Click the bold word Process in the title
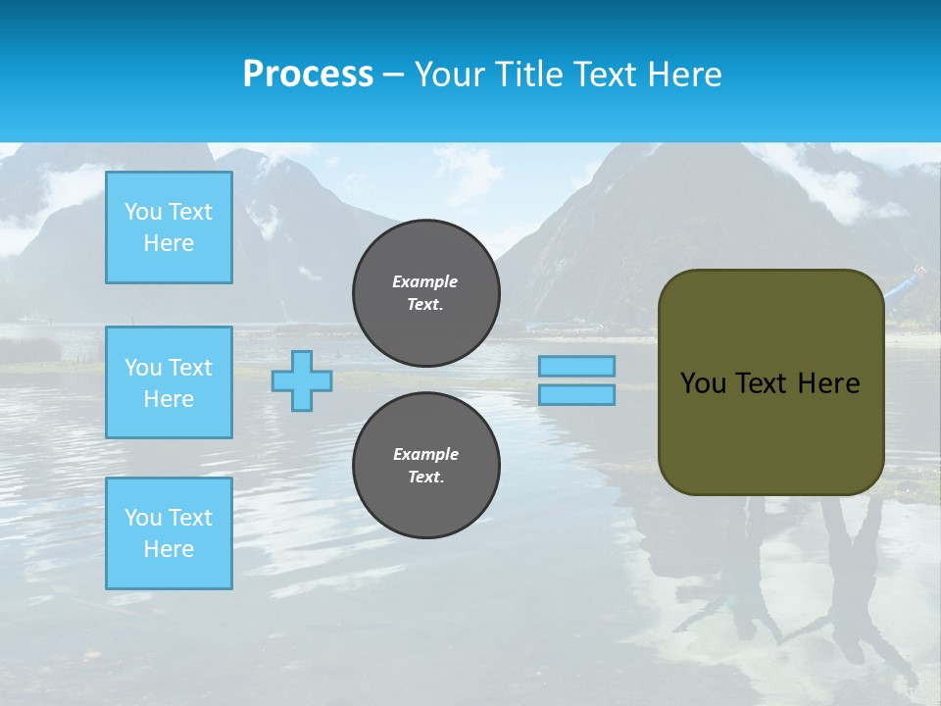coord(308,75)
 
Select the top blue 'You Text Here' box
coord(169,227)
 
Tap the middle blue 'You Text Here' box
coord(169,382)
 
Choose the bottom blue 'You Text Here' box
coord(169,533)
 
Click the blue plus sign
coord(302,381)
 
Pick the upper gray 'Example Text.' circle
coord(426,293)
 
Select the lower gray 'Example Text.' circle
coord(426,466)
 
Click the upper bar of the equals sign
coord(577,366)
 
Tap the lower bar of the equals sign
coord(577,394)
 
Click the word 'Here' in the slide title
coord(685,75)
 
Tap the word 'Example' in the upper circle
coord(425,281)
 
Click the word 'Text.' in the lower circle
coord(425,478)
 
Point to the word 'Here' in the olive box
coord(829,383)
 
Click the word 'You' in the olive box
coord(703,383)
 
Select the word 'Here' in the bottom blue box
coord(169,549)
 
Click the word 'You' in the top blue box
coord(143,212)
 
